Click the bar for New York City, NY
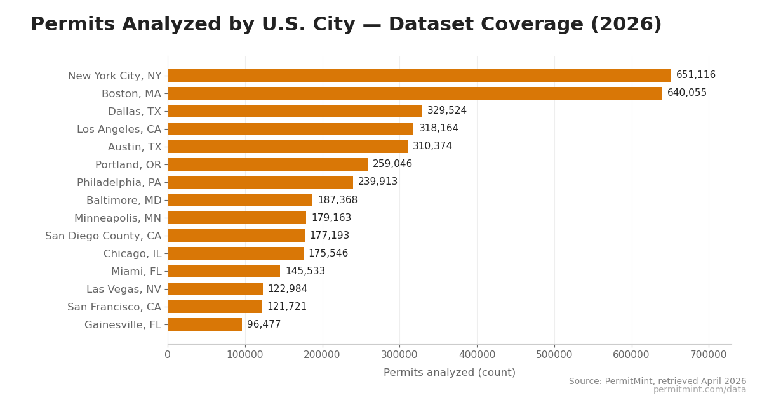tap(419, 76)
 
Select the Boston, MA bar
tap(415, 93)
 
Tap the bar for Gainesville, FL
tap(204, 324)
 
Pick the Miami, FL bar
tap(224, 271)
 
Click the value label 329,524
tap(446, 111)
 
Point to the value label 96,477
tap(264, 324)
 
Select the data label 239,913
tap(377, 182)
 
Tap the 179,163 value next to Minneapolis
tap(331, 218)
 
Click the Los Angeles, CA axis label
tap(119, 130)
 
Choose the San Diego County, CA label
tap(103, 236)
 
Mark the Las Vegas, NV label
tap(124, 290)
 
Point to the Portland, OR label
tap(128, 165)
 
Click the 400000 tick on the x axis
tap(477, 355)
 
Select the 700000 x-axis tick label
tap(709, 355)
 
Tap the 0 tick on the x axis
tap(168, 355)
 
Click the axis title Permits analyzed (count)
tap(449, 373)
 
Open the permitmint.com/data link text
tap(699, 390)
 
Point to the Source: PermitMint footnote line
tap(657, 382)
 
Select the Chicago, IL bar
tap(236, 253)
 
